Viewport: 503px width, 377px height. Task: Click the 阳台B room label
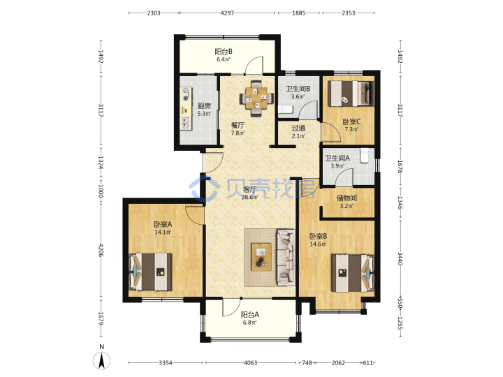224,51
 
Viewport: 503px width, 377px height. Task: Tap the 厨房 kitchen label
204,106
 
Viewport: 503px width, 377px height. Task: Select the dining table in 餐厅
256,98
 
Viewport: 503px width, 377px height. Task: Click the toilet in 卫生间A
365,156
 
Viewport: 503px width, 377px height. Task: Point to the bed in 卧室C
351,94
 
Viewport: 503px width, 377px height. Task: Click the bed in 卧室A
150,272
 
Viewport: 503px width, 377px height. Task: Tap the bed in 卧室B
353,273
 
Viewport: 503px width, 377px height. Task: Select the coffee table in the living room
261,257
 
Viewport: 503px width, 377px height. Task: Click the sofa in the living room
286,257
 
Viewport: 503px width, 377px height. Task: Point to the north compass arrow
102,360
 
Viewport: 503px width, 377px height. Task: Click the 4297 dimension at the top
227,13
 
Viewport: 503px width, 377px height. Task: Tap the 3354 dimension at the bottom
166,362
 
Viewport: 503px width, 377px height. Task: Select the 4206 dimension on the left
101,251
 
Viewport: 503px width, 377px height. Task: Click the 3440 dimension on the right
400,259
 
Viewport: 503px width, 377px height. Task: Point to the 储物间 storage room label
347,198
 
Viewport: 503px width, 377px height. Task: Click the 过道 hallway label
298,128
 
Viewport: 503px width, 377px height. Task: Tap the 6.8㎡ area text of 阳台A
249,323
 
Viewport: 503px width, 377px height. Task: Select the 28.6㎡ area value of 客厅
249,197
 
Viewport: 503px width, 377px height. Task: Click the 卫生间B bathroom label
298,89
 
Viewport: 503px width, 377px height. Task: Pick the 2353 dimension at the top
349,13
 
